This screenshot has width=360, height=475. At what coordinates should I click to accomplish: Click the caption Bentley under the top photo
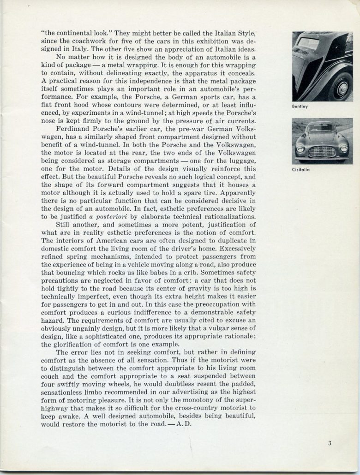coord(300,107)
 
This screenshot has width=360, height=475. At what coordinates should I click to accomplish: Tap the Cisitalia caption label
coord(301,169)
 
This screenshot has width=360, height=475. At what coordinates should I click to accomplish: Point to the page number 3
coord(330,443)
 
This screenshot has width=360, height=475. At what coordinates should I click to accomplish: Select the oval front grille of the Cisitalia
coord(322,151)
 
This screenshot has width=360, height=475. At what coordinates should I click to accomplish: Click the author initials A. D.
coord(182,424)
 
